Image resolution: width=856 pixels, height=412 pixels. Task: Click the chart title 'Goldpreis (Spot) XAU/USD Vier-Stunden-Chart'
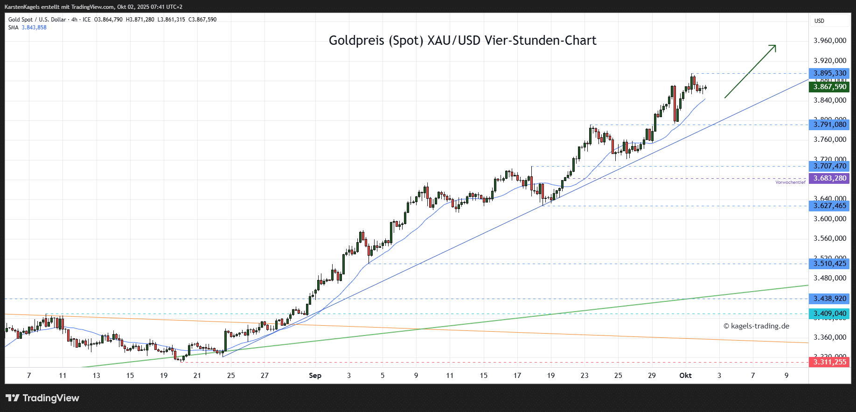point(462,41)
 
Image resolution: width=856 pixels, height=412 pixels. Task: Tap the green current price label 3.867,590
point(829,87)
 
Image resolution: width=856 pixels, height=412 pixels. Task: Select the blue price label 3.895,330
point(829,73)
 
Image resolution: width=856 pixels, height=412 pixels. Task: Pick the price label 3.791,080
point(829,125)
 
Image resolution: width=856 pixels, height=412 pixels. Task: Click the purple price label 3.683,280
point(829,178)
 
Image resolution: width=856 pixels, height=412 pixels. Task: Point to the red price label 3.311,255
point(829,362)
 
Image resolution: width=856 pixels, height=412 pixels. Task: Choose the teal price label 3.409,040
point(829,314)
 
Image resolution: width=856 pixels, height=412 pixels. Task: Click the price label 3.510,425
point(829,264)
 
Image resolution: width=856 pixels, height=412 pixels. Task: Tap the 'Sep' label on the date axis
point(315,376)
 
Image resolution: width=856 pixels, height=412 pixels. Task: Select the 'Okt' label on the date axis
point(685,376)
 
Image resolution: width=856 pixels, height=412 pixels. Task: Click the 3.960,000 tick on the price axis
point(829,41)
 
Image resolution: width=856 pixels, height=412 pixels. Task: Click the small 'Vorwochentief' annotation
point(790,182)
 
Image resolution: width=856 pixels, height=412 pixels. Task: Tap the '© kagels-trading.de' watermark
point(756,326)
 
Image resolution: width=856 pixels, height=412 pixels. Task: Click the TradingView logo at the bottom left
point(42,398)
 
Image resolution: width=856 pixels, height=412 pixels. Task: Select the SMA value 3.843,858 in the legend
point(34,28)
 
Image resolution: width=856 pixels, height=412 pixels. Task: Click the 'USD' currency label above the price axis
point(819,21)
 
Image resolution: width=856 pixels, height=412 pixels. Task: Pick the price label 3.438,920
point(829,299)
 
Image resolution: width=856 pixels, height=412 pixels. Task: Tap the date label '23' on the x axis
point(585,376)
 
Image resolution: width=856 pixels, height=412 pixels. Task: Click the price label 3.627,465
point(829,206)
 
